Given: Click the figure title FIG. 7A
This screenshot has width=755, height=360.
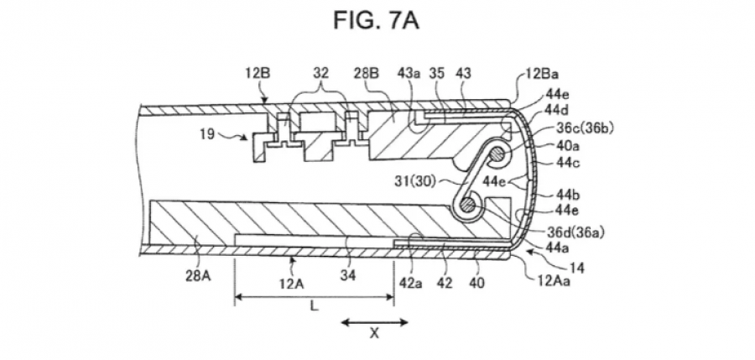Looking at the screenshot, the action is click(376, 21).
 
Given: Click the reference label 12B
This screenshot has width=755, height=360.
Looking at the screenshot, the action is click(258, 73).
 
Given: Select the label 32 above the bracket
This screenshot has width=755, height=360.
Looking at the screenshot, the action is click(320, 73).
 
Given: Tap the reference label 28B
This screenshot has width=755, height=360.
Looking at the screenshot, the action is click(367, 73).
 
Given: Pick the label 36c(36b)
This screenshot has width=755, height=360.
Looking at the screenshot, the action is click(585, 128).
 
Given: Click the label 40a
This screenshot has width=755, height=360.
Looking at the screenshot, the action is click(568, 145).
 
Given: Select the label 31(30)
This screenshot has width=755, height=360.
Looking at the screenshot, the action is click(414, 181).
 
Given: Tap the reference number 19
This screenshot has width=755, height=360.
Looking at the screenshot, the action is click(207, 133).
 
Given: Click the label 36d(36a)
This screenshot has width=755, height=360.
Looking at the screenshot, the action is click(575, 232).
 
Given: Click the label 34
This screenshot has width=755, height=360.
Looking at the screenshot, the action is click(348, 275).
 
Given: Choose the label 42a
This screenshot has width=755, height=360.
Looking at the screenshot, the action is click(410, 283).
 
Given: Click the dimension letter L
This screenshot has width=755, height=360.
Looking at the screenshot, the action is click(314, 306).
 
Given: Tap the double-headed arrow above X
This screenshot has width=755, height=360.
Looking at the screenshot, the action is click(375, 322).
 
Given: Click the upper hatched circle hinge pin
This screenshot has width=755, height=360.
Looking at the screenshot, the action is click(497, 154).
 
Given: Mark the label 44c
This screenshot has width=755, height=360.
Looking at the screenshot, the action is click(568, 163).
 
